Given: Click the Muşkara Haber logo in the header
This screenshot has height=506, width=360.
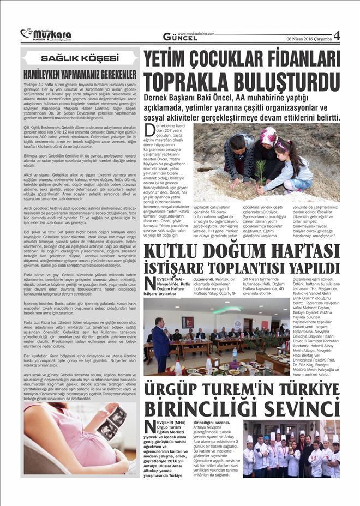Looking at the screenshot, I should click(x=46, y=35).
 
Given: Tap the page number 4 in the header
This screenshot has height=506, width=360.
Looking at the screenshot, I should click(x=337, y=35).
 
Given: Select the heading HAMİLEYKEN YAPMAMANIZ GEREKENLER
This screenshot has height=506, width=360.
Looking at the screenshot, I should click(x=80, y=74).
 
